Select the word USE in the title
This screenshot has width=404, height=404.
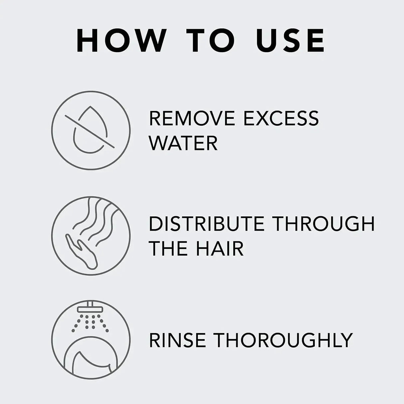tap(291, 41)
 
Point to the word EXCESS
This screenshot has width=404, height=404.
tap(281, 118)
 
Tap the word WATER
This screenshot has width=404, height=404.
tap(183, 143)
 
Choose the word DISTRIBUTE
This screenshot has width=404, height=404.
tap(206, 224)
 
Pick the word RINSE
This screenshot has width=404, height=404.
tap(177, 340)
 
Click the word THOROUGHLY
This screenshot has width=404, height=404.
tap(283, 340)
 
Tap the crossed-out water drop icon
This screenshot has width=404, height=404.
tap(90, 130)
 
